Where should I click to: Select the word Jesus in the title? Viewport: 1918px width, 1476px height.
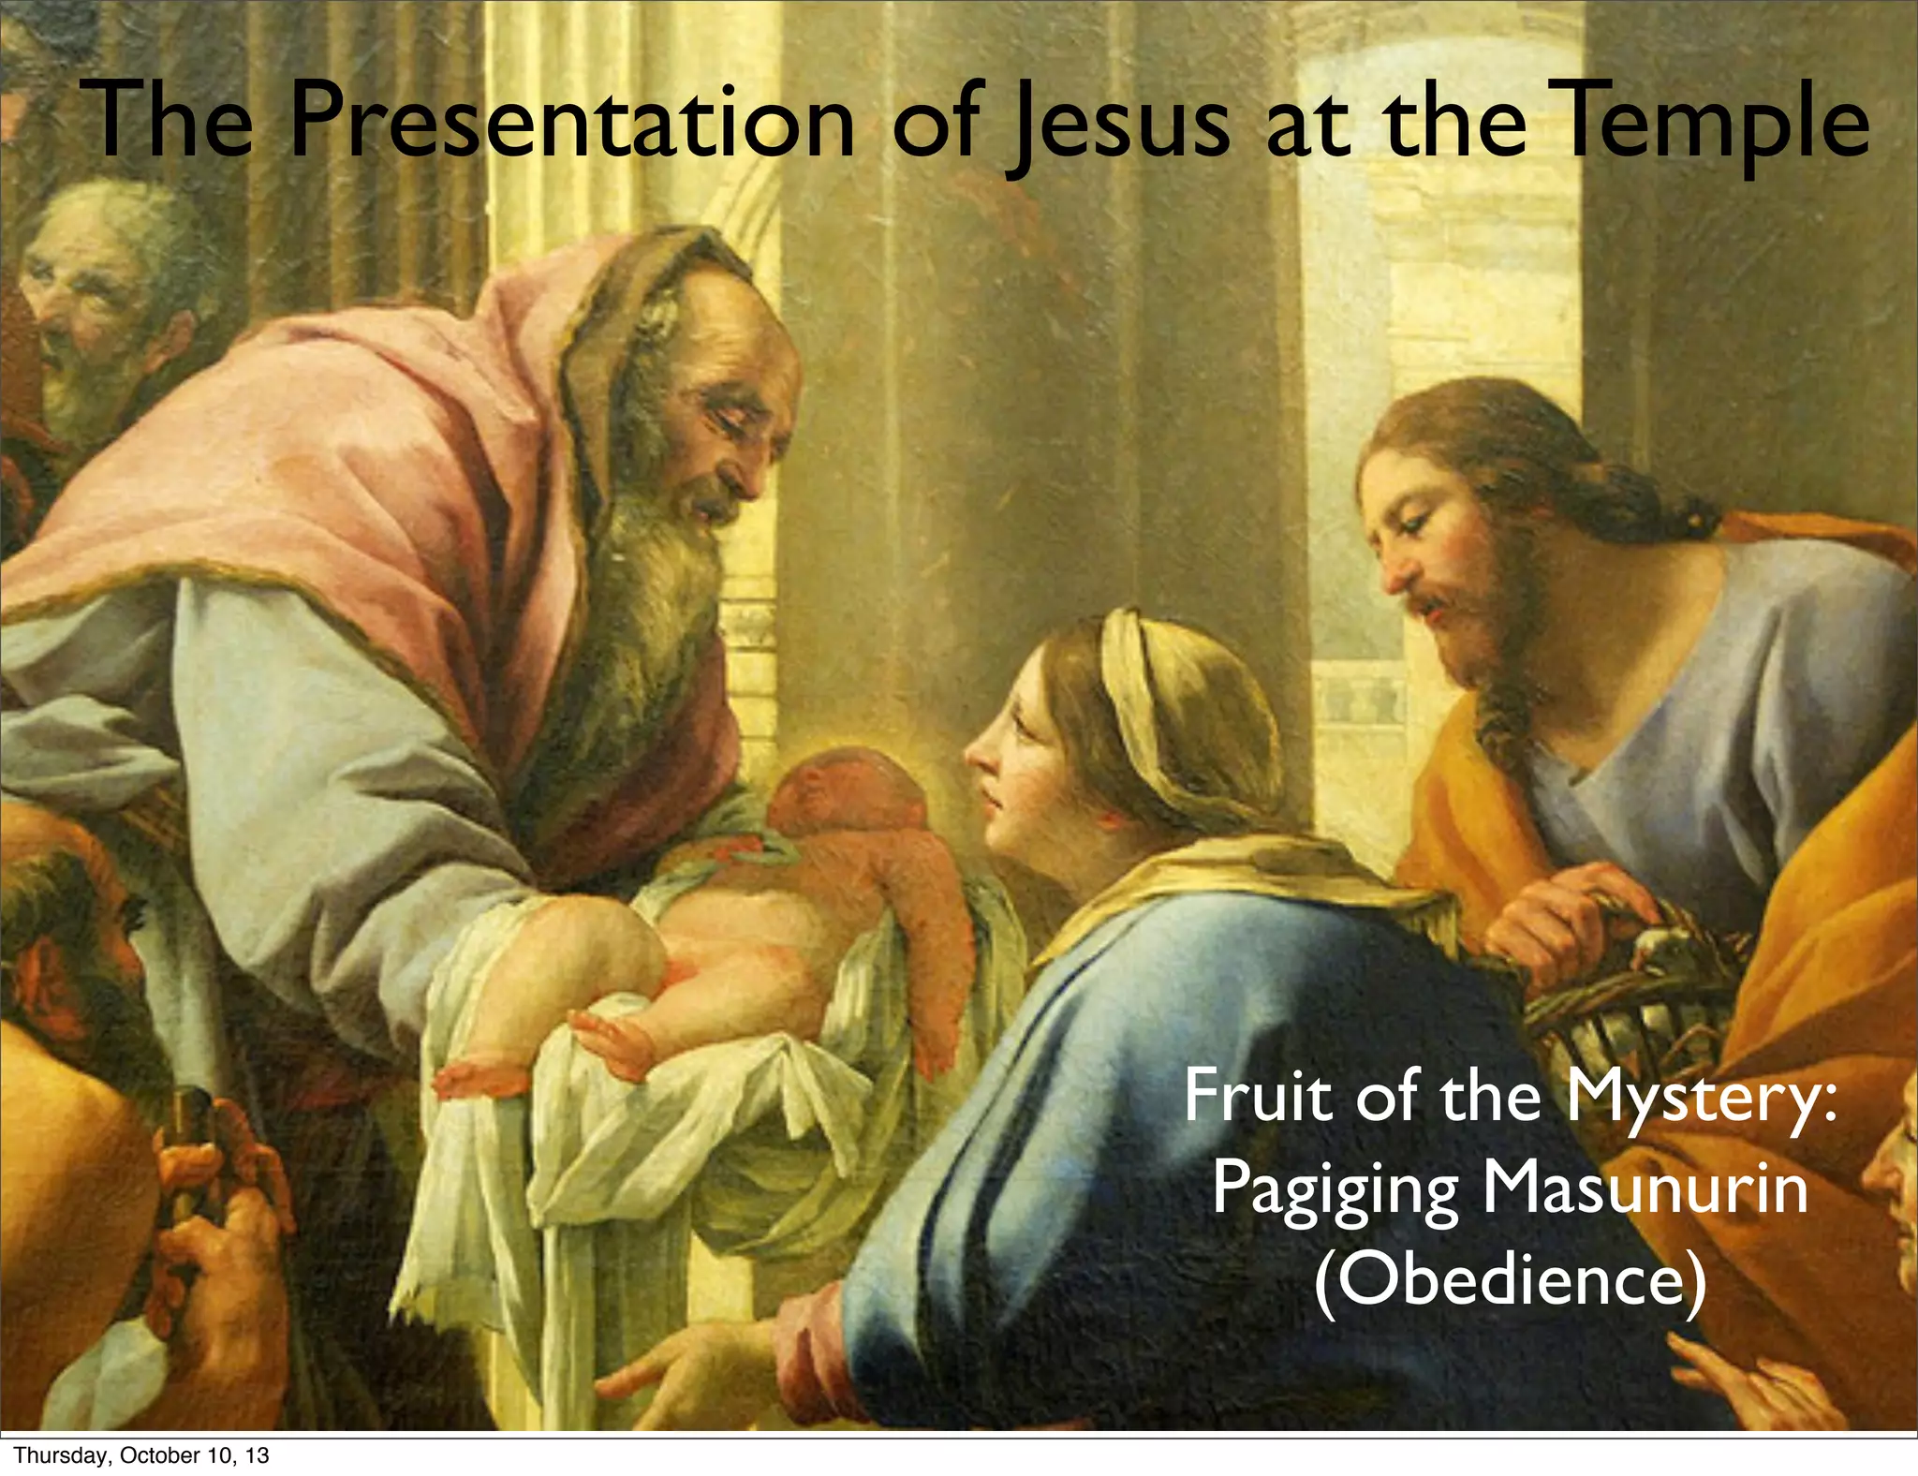click(x=1114, y=125)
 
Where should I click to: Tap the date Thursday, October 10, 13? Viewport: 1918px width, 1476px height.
click(x=141, y=1455)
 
